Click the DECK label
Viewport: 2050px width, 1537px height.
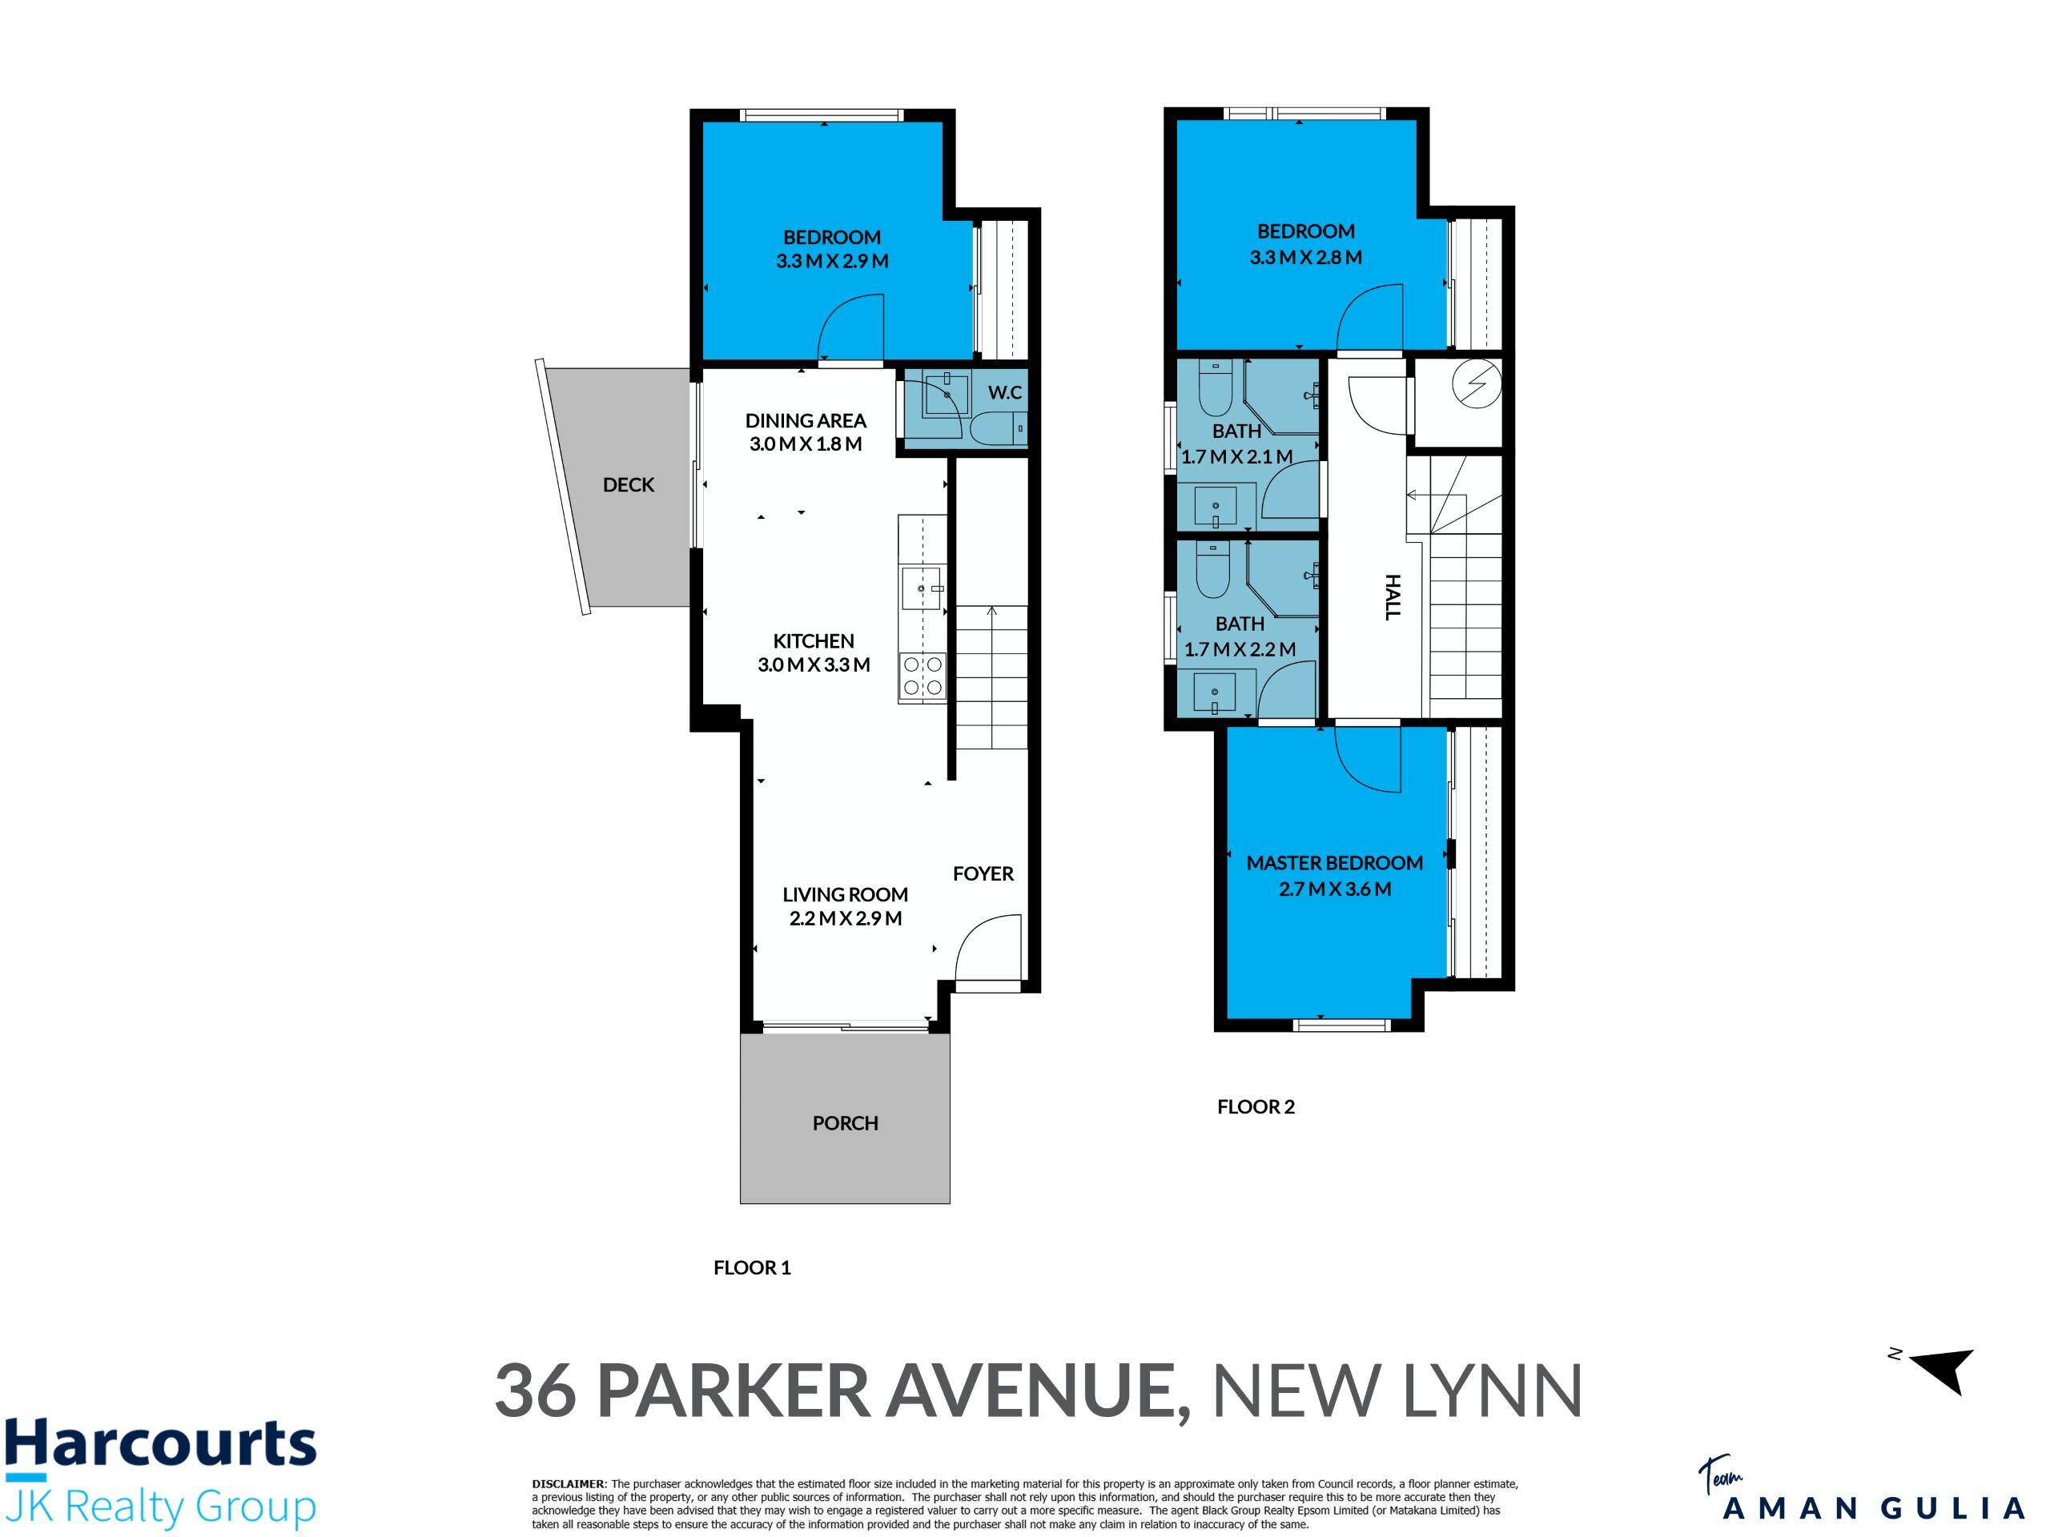(x=629, y=484)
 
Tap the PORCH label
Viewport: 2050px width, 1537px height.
(x=845, y=1123)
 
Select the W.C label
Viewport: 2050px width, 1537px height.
(x=1005, y=392)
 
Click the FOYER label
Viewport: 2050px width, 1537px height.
(x=983, y=873)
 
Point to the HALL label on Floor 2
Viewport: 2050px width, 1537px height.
(x=1392, y=596)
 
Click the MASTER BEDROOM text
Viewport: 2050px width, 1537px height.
(x=1335, y=862)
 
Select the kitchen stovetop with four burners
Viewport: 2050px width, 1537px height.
(x=923, y=676)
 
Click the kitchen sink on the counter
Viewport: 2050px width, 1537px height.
(x=922, y=589)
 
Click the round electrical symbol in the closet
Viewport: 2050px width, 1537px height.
(x=1477, y=383)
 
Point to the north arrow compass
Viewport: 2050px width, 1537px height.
(x=1942, y=1370)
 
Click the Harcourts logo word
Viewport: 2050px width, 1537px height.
(x=160, y=1444)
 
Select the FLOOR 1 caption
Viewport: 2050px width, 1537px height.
(x=752, y=1267)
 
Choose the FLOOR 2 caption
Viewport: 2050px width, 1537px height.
(x=1256, y=1106)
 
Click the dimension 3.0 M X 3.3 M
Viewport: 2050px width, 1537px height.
(x=814, y=664)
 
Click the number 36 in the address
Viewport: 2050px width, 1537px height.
(x=535, y=1391)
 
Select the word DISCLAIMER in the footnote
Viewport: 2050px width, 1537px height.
(x=568, y=1484)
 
